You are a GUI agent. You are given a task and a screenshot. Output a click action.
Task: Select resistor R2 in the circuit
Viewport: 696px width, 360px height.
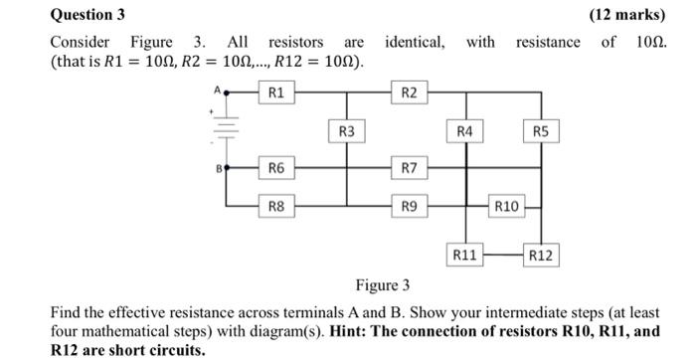[x=410, y=93]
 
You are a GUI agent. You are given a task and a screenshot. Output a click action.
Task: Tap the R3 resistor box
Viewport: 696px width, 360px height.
[x=345, y=131]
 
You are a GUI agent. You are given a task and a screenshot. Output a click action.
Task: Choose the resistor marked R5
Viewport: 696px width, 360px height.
[x=540, y=131]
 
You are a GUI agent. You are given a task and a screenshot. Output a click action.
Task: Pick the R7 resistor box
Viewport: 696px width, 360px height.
[x=410, y=169]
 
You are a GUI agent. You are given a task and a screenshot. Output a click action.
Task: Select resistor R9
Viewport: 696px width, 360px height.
[x=410, y=206]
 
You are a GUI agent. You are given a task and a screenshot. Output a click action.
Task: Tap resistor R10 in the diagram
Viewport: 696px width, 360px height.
[x=506, y=206]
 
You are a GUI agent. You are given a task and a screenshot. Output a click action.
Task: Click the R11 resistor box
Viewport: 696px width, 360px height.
[x=465, y=256]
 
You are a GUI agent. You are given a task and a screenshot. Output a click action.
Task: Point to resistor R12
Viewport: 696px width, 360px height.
[x=540, y=256]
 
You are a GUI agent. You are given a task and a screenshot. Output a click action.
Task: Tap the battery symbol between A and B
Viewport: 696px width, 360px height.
[x=228, y=129]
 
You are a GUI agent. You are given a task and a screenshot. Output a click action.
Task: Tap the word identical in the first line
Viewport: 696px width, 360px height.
[x=415, y=42]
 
